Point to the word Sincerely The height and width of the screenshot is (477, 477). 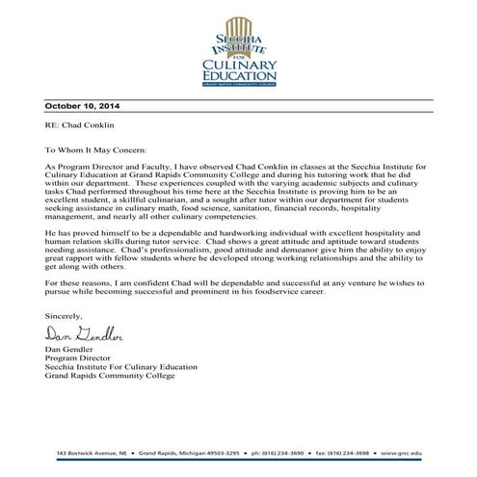tap(64, 315)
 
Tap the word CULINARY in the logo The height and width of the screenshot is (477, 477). tap(239, 65)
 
